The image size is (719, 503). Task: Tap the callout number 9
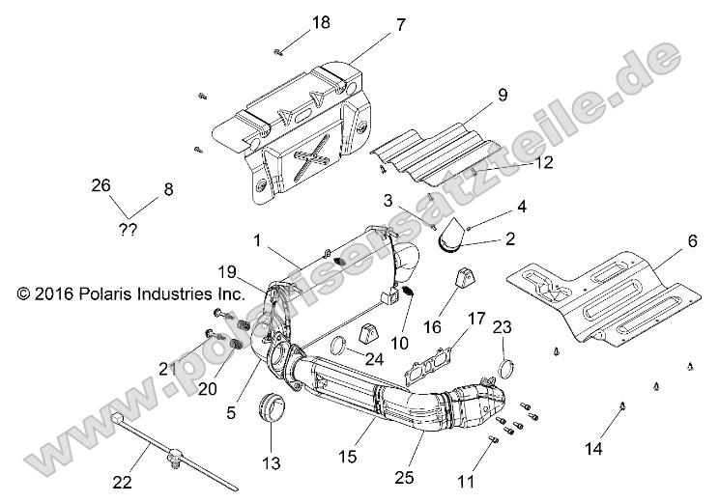[503, 95]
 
